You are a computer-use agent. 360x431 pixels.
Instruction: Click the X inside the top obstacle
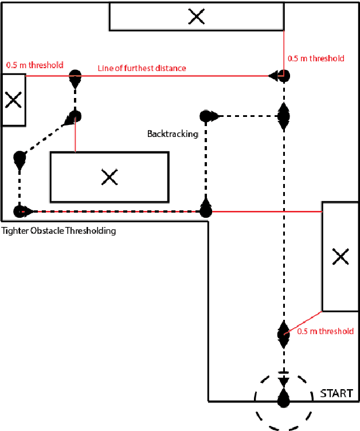click(197, 17)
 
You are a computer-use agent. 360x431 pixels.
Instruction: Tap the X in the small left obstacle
click(13, 100)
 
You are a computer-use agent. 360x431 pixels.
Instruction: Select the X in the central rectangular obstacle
click(109, 177)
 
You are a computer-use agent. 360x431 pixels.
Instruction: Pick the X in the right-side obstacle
click(341, 257)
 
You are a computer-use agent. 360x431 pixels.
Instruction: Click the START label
click(337, 394)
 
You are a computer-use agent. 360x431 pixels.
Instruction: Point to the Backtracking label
click(172, 134)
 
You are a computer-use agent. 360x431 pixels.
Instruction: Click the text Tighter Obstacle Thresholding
click(59, 231)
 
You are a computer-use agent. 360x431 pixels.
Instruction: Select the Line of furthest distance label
click(142, 68)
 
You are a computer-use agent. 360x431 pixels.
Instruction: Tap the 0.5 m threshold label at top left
click(34, 65)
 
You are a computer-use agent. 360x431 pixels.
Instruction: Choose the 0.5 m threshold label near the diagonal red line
click(326, 331)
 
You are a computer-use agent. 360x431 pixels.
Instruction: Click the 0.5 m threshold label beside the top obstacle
click(316, 58)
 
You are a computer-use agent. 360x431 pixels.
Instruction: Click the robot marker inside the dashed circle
click(283, 397)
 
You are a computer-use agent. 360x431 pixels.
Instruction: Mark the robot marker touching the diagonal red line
click(283, 333)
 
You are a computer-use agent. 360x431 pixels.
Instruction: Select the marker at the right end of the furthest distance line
click(282, 75)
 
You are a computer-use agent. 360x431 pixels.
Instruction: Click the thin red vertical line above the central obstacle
click(75, 138)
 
